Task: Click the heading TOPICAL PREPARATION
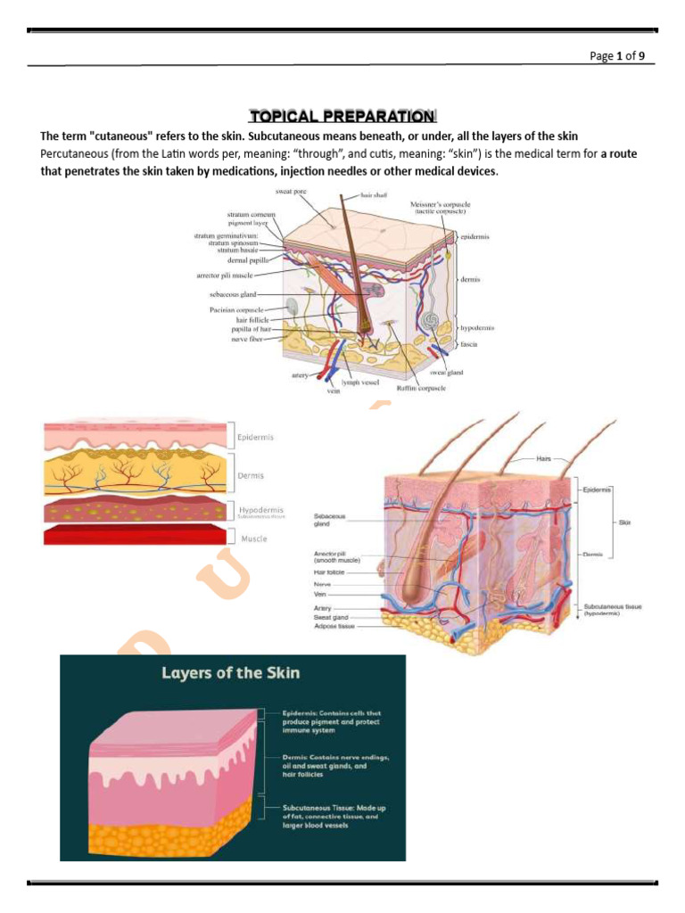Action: point(342,116)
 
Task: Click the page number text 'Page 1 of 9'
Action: point(623,55)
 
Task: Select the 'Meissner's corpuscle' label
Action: point(440,209)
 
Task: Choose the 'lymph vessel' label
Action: point(360,382)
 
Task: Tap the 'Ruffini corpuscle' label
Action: point(421,389)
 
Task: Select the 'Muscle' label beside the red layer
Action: point(253,539)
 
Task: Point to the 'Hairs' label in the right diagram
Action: point(545,458)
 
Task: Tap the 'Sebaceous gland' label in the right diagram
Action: point(330,519)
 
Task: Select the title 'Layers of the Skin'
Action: point(230,673)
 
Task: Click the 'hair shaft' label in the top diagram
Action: point(374,195)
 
